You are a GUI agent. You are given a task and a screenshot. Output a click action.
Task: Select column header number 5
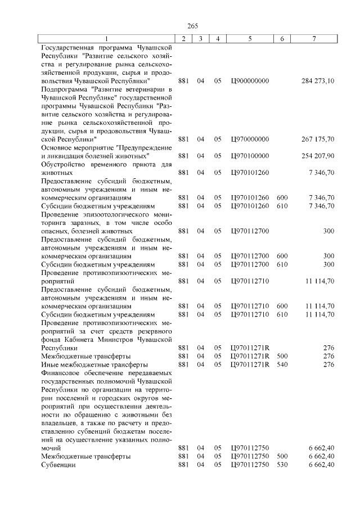[249, 38]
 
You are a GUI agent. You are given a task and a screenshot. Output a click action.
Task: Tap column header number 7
[314, 38]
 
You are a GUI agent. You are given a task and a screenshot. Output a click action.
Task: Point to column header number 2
[183, 38]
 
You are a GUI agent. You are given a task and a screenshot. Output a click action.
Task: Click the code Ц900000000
[250, 81]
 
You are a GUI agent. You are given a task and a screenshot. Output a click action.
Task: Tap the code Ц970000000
[250, 139]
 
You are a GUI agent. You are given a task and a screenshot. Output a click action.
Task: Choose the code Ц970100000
[250, 156]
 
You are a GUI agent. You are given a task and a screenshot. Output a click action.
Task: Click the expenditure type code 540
[282, 365]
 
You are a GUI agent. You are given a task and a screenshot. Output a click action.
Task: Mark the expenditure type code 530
[282, 465]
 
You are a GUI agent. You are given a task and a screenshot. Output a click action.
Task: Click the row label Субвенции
[58, 465]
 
